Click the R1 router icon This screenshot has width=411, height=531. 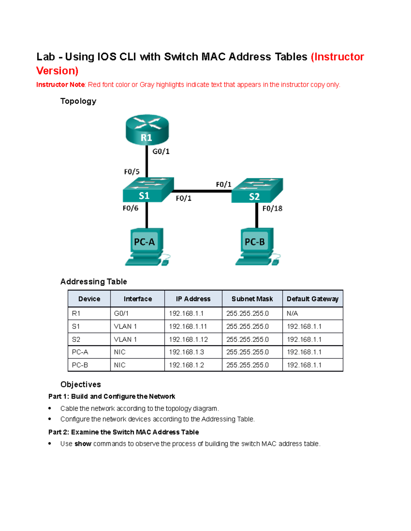coord(147,130)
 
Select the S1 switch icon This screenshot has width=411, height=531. coord(148,190)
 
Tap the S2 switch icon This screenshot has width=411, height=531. coord(257,191)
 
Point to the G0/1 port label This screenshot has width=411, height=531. coord(161,151)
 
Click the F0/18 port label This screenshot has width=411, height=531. coord(272,209)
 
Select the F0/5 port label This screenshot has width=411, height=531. coord(132,172)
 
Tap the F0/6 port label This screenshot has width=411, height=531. coord(130,208)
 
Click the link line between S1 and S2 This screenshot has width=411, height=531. coord(202,191)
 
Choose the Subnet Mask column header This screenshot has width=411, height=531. coord(252,299)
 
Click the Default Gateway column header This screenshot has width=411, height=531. coord(312,299)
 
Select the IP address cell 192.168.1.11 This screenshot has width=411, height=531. coord(188,327)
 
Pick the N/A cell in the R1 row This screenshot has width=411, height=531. coord(292,314)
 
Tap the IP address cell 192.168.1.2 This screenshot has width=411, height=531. coord(186,365)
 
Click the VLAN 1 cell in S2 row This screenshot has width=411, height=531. coord(125,340)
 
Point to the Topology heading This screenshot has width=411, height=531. coord(78,101)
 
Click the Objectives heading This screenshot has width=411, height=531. coord(80,385)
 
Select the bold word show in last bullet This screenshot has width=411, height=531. coord(83,444)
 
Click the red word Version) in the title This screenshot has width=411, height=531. coord(57,71)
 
